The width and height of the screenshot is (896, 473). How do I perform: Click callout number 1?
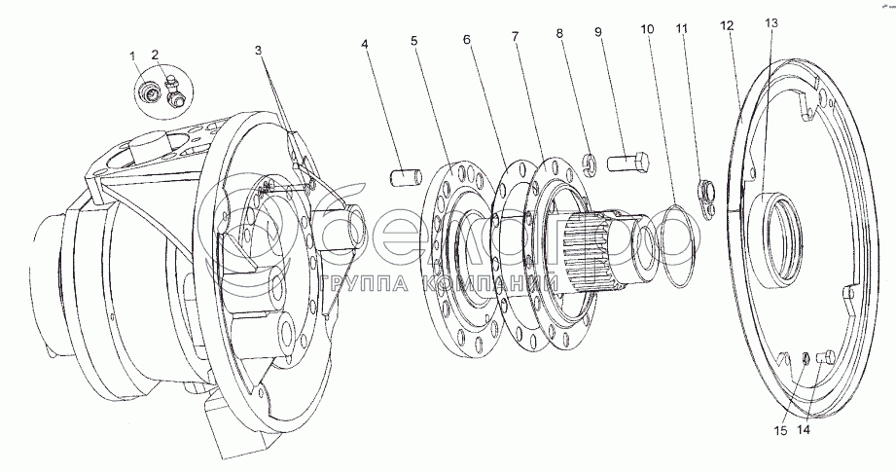coord(133,56)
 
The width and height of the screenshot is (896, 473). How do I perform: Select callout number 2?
coord(155,55)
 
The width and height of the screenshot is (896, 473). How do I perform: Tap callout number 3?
coord(258,51)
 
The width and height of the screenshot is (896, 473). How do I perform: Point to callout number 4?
coord(364,44)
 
